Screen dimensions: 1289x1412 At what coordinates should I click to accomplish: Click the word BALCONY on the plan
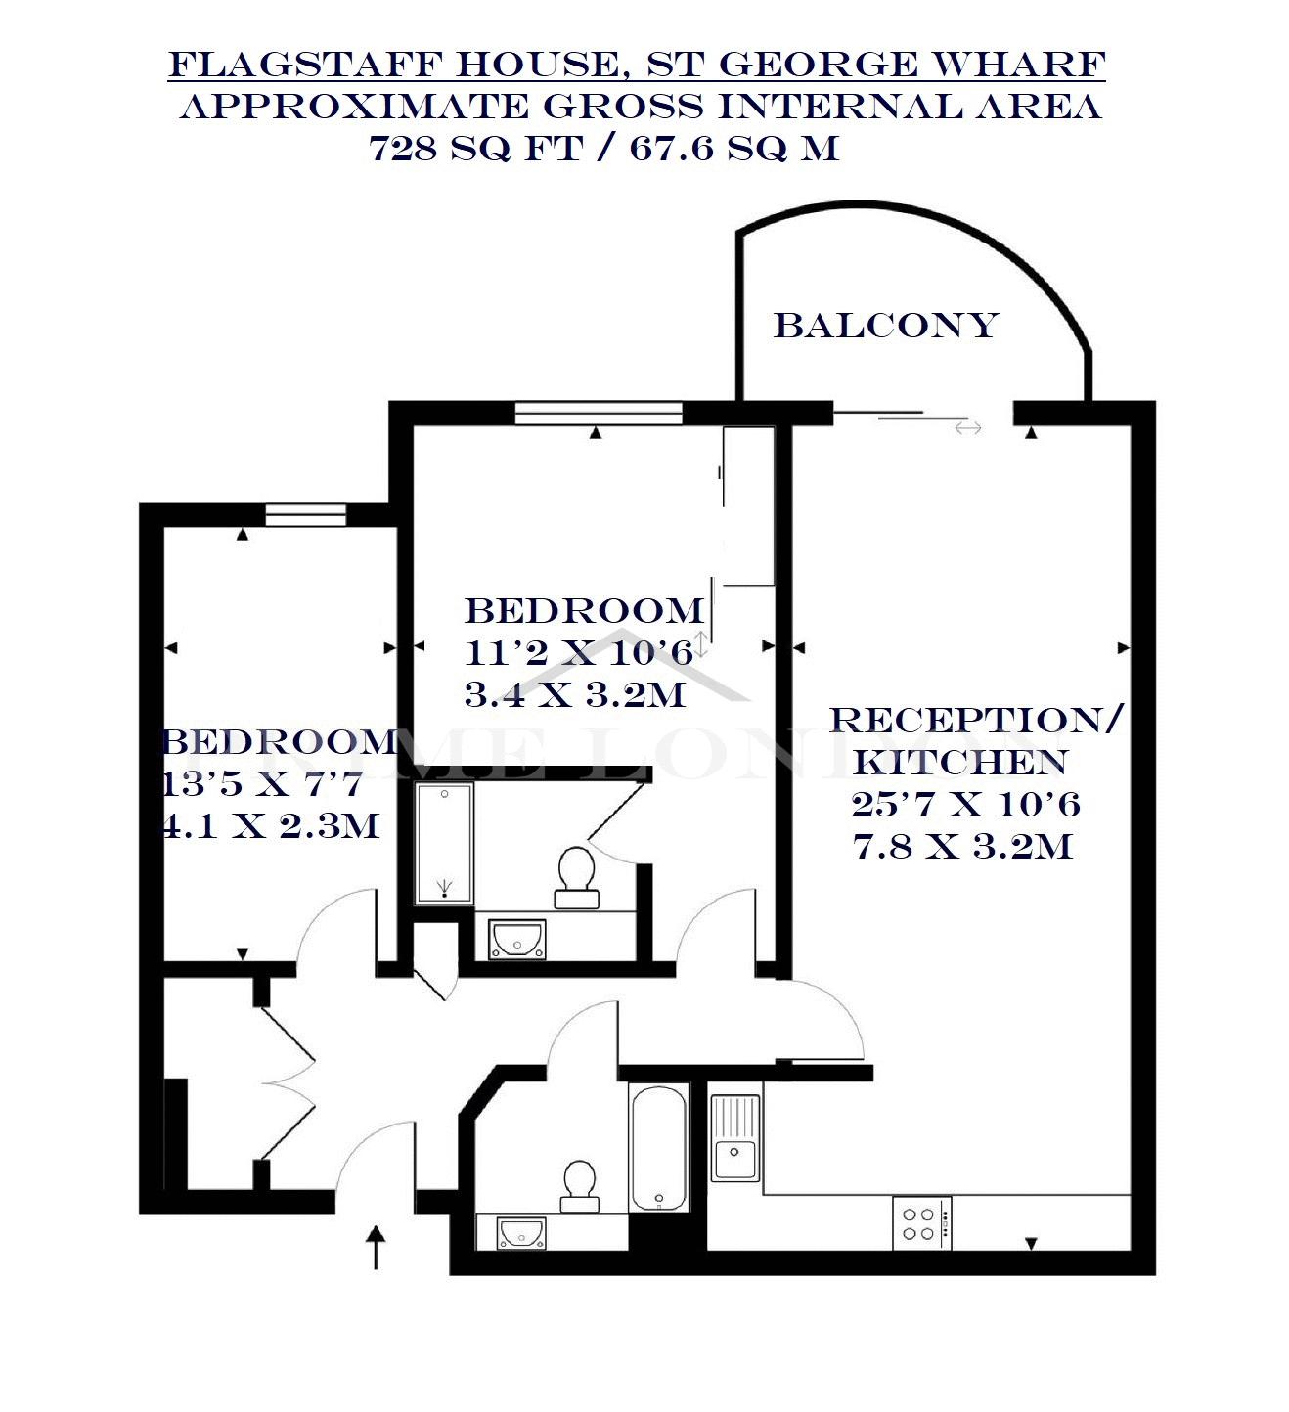click(886, 326)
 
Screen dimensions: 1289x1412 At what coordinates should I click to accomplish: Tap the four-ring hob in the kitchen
click(921, 1223)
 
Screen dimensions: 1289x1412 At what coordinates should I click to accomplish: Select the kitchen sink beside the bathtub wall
click(734, 1137)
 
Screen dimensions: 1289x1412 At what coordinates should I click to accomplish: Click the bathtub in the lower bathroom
click(659, 1147)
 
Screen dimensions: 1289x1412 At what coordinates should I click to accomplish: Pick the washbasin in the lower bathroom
click(521, 1233)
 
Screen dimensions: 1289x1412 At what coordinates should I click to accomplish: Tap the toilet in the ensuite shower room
click(577, 877)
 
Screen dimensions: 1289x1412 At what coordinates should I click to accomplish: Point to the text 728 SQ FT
click(476, 148)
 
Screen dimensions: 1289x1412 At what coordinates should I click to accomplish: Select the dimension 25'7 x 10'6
click(965, 805)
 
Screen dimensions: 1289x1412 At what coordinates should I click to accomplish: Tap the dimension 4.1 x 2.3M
click(271, 825)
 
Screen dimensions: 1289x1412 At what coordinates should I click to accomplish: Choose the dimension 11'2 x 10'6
click(579, 653)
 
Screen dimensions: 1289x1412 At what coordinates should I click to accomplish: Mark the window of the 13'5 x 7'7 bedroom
click(306, 514)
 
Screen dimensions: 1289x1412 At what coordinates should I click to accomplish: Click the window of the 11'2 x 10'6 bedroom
click(599, 414)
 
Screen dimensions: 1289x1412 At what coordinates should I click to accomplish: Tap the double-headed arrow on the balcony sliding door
click(968, 428)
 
